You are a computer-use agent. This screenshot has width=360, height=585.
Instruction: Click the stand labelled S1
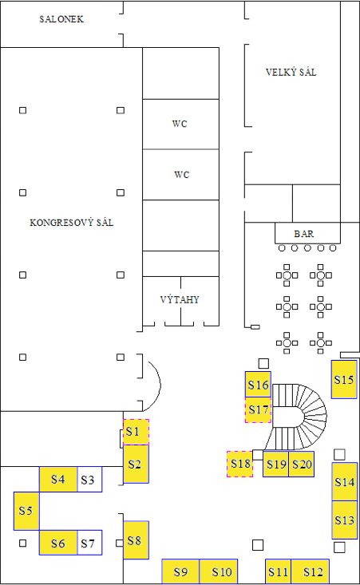136,432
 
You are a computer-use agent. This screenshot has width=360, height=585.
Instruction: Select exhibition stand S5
26,511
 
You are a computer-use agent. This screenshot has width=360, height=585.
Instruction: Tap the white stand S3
89,480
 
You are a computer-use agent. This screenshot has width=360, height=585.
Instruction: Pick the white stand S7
89,543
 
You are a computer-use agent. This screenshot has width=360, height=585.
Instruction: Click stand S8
136,540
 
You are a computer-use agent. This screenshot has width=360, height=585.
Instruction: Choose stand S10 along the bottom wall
219,571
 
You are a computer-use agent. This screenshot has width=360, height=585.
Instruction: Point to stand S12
310,571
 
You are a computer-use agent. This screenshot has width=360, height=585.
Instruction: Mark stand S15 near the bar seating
344,379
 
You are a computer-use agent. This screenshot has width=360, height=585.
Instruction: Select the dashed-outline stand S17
258,410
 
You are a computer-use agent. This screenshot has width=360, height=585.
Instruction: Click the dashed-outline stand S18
240,464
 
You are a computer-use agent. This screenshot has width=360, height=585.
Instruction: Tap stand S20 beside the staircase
302,464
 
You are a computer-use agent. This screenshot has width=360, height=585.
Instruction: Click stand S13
345,520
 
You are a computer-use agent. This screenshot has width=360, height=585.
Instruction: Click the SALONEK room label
61,19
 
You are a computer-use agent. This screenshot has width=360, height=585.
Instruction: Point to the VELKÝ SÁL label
291,72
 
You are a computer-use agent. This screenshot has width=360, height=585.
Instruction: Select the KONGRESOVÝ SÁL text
71,223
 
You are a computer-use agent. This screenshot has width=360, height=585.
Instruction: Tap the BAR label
303,234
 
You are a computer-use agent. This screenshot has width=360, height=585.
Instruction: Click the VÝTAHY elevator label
180,299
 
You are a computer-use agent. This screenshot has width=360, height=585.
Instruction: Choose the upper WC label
180,124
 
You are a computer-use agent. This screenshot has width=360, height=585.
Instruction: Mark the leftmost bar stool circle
282,248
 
